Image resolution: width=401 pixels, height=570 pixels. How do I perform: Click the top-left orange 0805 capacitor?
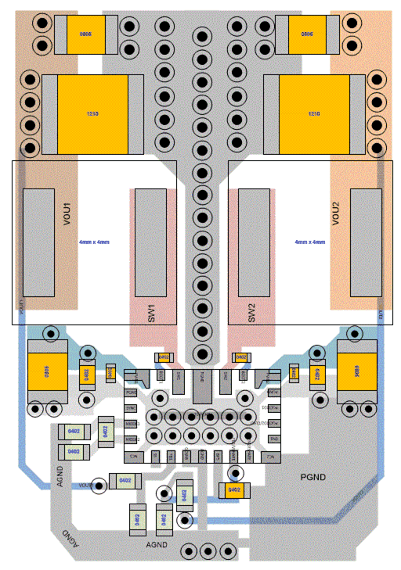click(85, 35)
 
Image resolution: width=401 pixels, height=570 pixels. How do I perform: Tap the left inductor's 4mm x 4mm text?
click(94, 243)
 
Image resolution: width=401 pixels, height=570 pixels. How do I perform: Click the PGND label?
click(313, 476)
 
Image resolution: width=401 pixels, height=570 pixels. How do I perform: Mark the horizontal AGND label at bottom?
click(157, 543)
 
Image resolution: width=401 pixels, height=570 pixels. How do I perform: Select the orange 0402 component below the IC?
click(233, 490)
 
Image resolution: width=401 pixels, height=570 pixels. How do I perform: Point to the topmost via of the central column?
click(202, 36)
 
